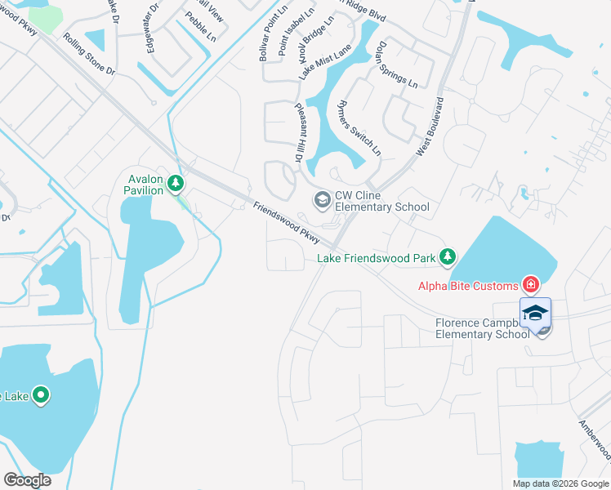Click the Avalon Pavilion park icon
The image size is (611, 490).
(x=176, y=184)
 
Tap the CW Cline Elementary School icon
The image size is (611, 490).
(x=322, y=198)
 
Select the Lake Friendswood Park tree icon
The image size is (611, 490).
(x=447, y=258)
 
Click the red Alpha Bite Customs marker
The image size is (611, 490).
(x=531, y=285)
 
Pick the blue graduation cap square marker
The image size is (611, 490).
(x=536, y=314)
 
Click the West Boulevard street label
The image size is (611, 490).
(x=430, y=126)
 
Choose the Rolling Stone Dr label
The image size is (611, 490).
(x=89, y=54)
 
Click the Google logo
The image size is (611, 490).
(x=28, y=480)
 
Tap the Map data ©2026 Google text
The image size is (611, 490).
(x=560, y=483)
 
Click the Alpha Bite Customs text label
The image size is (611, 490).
(x=468, y=286)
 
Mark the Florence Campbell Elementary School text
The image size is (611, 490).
(x=482, y=328)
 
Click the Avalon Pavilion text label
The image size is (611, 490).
(x=143, y=185)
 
